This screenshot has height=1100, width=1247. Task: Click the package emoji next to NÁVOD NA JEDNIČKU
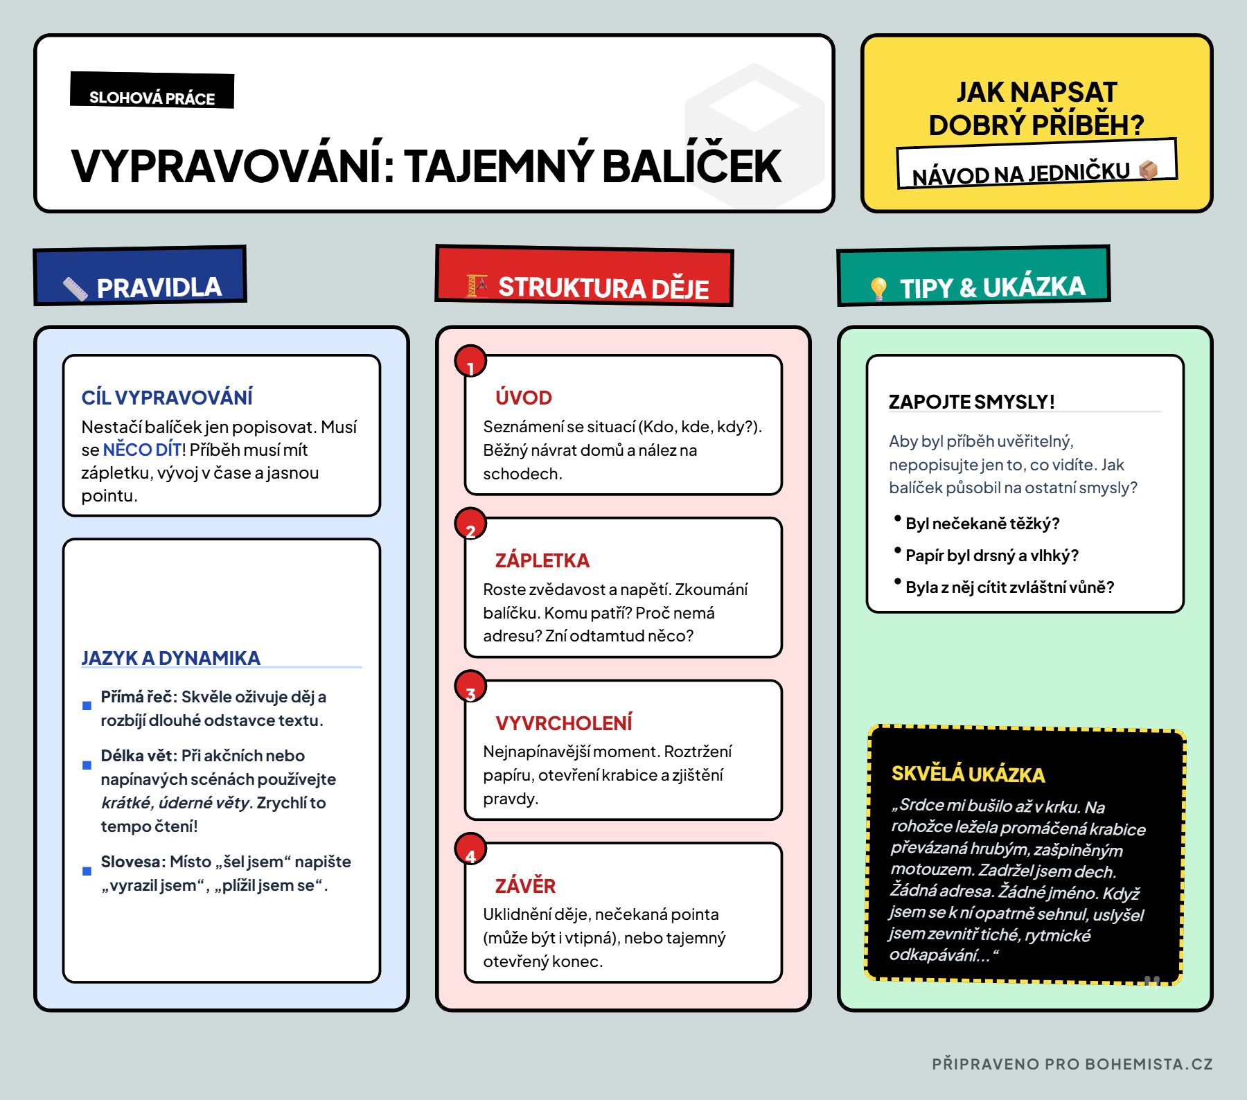pos(1148,170)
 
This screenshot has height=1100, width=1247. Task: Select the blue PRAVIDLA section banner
pos(141,276)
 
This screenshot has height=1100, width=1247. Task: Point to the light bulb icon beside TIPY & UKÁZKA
pos(878,288)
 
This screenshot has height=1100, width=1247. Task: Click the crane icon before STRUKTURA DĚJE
pos(477,285)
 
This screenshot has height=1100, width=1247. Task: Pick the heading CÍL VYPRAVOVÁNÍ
pos(167,398)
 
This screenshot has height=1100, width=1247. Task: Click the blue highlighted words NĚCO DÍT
pos(142,450)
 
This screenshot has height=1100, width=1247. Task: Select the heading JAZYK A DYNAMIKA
pos(171,658)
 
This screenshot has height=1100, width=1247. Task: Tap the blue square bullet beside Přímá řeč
pos(87,706)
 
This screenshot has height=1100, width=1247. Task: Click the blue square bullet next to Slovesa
pos(87,871)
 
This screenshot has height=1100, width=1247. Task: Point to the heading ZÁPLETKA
pos(542,560)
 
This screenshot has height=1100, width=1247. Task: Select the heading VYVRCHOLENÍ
pos(563,723)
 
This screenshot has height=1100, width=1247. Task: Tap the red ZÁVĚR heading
pos(525,886)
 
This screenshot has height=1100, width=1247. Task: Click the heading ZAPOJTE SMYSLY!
pos(971,402)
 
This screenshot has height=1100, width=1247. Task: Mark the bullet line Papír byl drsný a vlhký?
pos(991,556)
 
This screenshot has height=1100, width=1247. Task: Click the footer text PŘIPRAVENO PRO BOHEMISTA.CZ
pos(1072,1064)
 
